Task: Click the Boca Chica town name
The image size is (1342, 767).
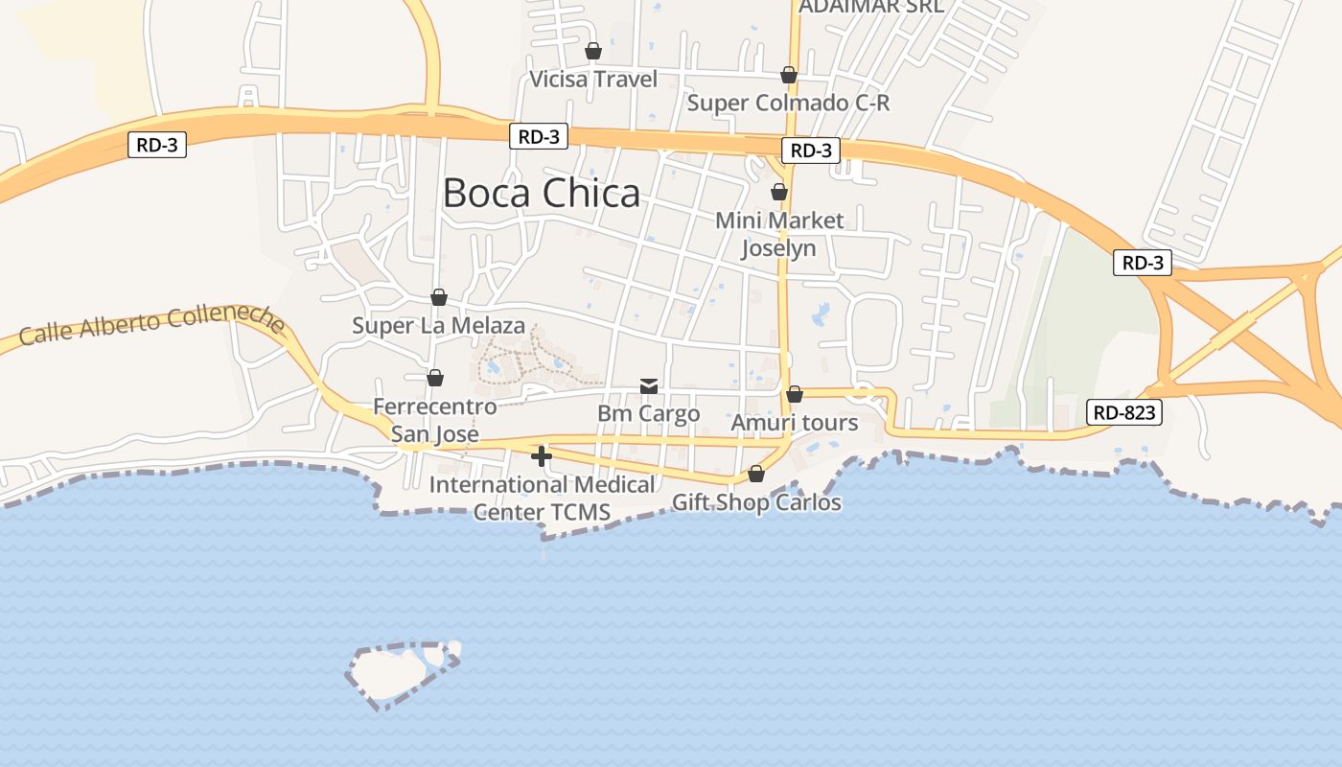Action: (542, 193)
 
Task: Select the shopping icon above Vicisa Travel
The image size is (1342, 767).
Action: (593, 51)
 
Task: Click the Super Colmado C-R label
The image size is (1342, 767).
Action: (788, 103)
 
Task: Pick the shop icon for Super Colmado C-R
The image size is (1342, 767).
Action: (789, 75)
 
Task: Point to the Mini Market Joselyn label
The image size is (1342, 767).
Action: (779, 234)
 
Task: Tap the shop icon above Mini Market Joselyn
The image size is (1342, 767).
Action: (779, 192)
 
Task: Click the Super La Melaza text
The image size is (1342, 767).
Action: (439, 325)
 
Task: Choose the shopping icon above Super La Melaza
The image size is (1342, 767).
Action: (439, 297)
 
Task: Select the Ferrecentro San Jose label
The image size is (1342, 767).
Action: (435, 420)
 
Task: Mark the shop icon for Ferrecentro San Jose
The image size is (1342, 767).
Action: (435, 378)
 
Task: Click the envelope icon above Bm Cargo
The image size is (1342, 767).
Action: (649, 386)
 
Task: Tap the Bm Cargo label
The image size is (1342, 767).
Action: (649, 414)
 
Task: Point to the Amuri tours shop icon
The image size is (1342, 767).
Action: (795, 394)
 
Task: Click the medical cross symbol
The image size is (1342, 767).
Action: (542, 456)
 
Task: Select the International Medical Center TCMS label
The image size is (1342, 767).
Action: (542, 499)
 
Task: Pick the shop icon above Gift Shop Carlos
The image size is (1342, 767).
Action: (756, 474)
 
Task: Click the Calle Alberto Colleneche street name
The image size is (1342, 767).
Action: (151, 325)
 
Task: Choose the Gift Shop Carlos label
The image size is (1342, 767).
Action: (756, 502)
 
